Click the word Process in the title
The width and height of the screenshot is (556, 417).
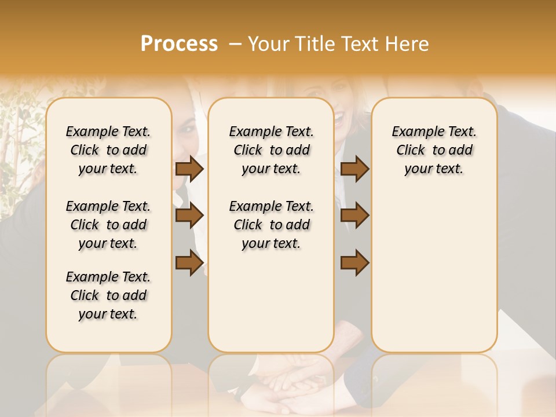point(179,44)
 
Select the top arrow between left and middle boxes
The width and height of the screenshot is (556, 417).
point(189,169)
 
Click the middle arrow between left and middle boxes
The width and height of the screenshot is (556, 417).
point(189,215)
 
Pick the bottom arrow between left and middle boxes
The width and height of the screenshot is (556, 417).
point(189,263)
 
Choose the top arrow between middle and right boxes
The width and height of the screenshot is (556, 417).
point(354,169)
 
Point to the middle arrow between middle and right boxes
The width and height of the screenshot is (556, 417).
point(354,215)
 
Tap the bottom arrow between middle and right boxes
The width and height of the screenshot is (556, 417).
point(354,263)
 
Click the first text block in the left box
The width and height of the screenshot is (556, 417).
point(108,150)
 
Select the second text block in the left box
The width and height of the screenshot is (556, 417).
point(108,225)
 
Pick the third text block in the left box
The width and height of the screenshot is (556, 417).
point(108,295)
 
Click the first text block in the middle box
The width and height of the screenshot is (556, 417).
point(271,150)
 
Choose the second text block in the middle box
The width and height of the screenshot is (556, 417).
point(271,225)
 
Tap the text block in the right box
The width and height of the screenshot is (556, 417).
point(434,150)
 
